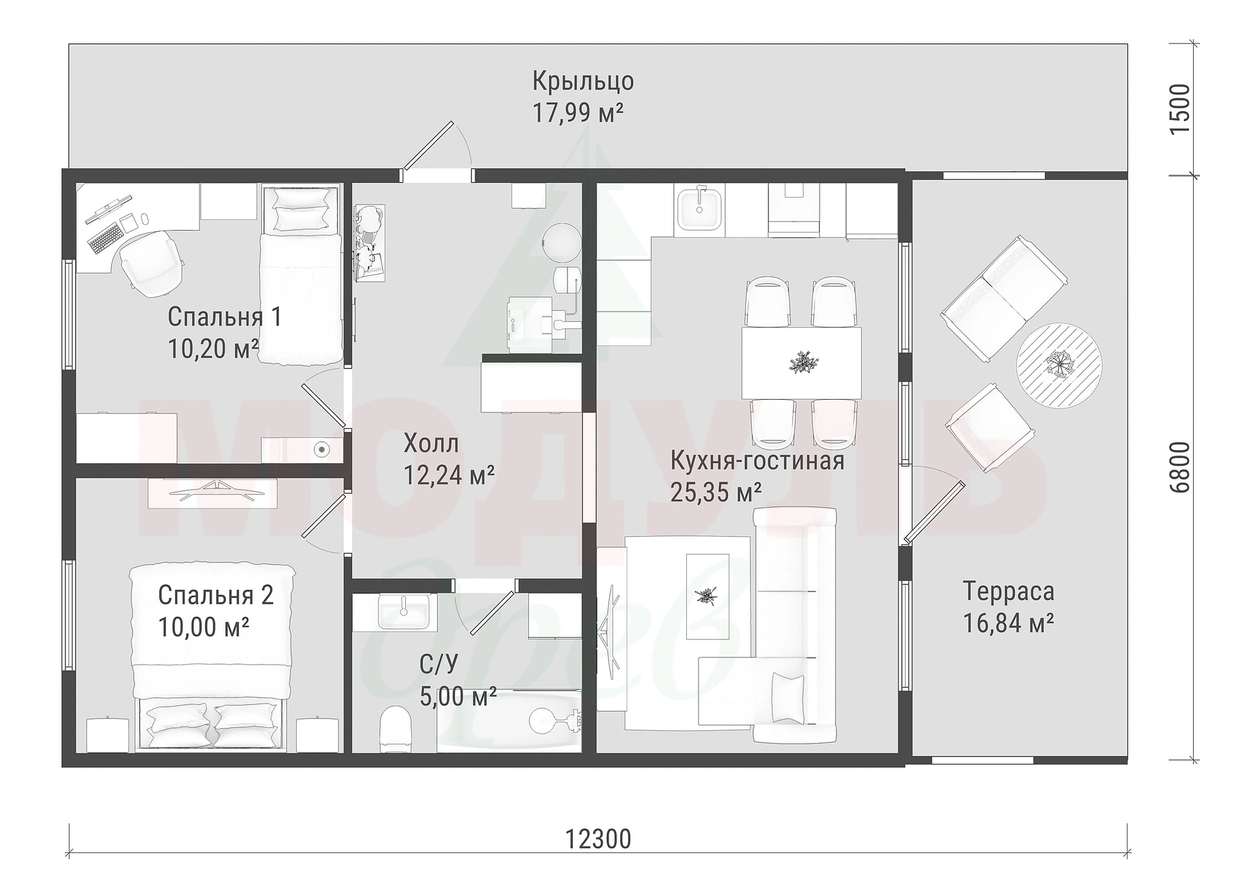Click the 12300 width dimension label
click(x=598, y=839)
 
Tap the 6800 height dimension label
click(x=1180, y=468)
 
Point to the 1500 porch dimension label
click(x=1180, y=109)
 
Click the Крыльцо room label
click(x=583, y=82)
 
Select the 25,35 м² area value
click(x=715, y=492)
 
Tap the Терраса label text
click(x=1008, y=591)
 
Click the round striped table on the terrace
click(x=1059, y=365)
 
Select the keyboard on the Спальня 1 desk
click(x=105, y=238)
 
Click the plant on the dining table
click(x=801, y=362)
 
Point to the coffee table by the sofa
click(x=708, y=597)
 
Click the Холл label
click(x=431, y=444)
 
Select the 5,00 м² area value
click(x=458, y=697)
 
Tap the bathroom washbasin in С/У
click(x=403, y=611)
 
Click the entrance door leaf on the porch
click(x=427, y=146)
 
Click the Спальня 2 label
click(x=216, y=595)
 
